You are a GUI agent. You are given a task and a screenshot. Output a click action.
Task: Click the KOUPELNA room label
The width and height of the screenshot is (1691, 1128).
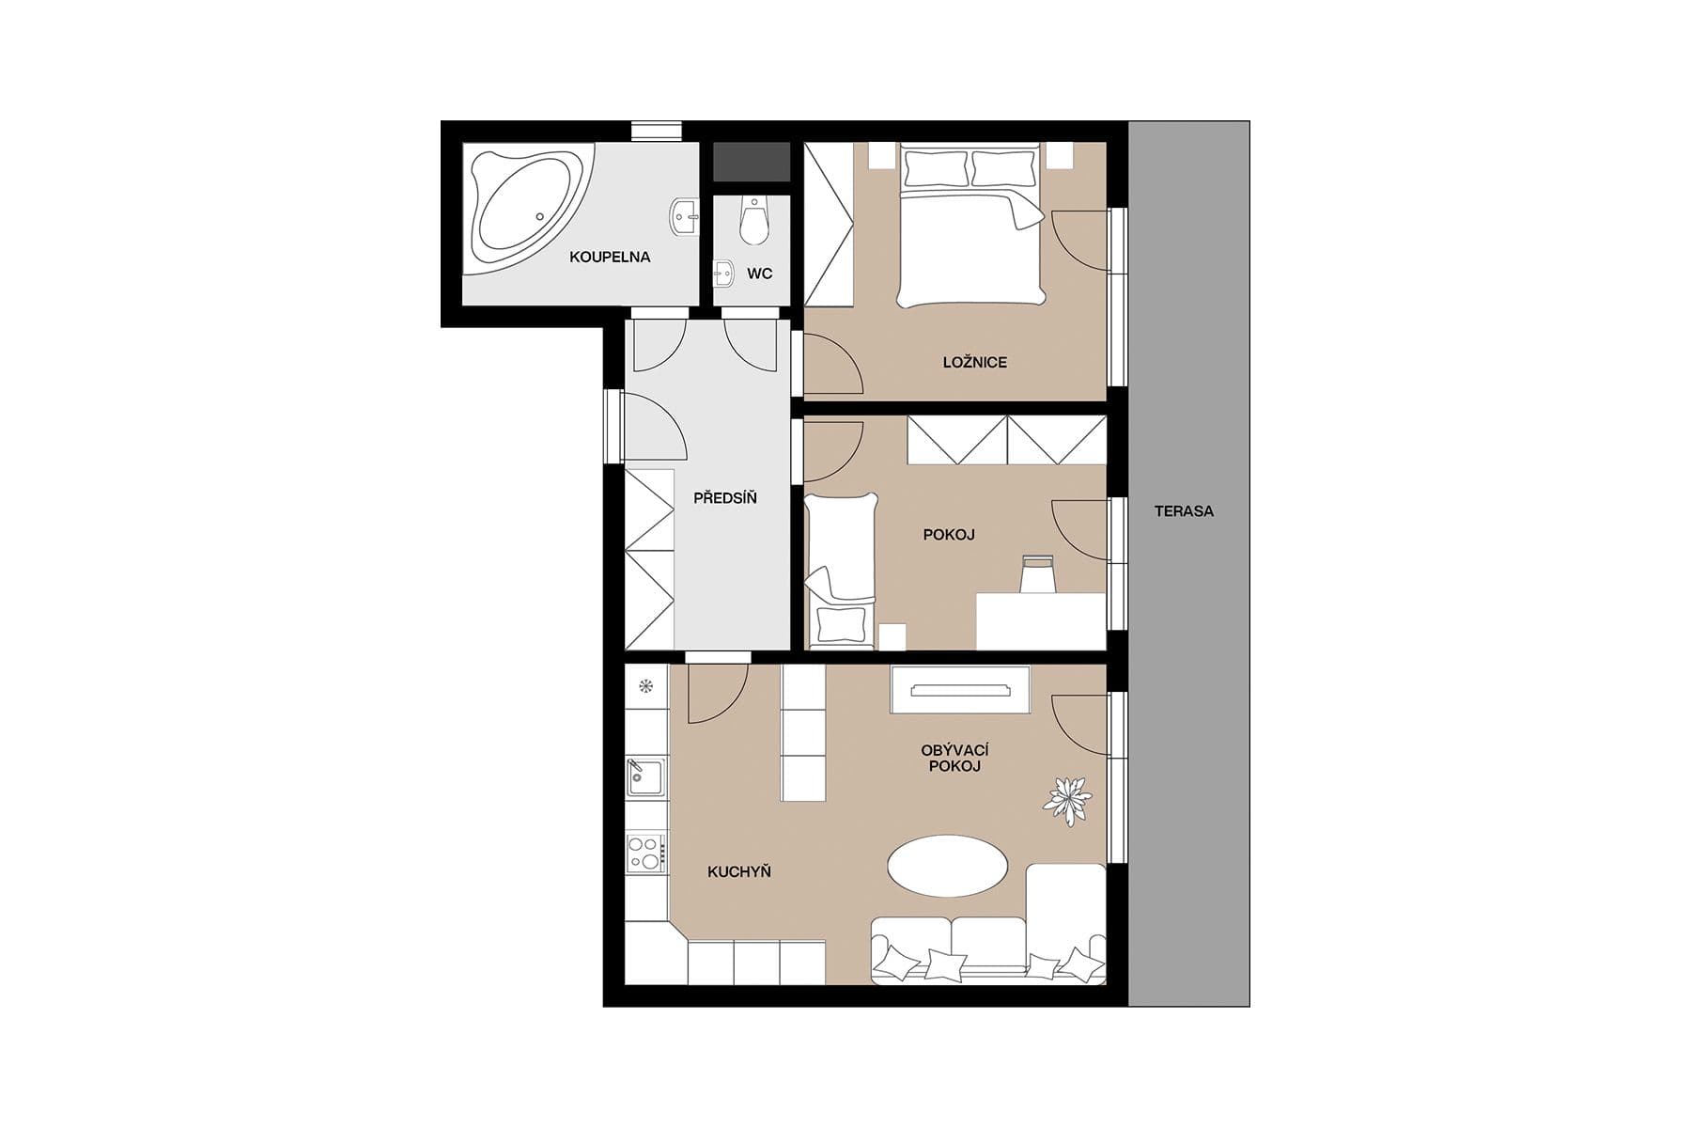coord(610,257)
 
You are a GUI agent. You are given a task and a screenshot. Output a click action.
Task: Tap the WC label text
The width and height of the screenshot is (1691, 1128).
coord(759,274)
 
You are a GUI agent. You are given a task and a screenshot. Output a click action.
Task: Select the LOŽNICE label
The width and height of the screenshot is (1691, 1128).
coord(974,362)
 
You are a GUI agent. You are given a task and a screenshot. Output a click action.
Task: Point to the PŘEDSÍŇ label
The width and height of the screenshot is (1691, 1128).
coord(724,498)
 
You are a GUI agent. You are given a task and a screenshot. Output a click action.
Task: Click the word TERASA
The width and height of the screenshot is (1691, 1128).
coord(1184,511)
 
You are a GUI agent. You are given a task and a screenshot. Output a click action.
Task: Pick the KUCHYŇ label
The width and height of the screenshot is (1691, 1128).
coord(738,871)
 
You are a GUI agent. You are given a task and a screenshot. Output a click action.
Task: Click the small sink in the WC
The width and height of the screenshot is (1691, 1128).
coord(723,273)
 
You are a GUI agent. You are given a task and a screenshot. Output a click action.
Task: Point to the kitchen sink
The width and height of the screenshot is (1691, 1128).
coord(645,777)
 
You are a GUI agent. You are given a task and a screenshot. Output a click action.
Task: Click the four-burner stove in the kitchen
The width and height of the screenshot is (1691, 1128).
coord(645,853)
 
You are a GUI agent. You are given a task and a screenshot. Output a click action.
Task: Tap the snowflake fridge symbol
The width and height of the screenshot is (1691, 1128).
coord(645,685)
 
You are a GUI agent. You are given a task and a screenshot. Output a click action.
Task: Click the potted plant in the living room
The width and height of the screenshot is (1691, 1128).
coord(1067,800)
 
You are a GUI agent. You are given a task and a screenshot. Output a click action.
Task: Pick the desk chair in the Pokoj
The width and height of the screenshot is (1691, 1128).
coord(1037,574)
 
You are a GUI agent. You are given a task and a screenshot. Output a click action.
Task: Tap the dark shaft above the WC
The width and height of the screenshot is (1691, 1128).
coord(751,162)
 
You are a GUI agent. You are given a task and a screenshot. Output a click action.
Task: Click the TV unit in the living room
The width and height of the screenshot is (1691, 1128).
coord(959,690)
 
